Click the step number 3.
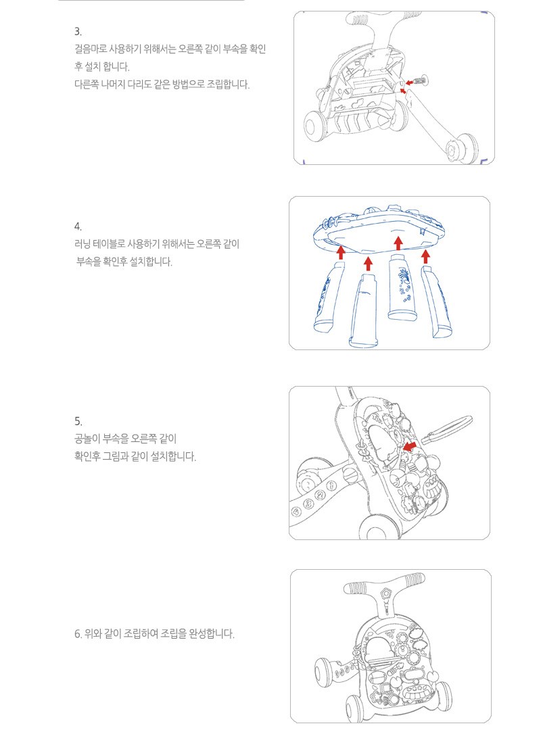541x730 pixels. [77, 32]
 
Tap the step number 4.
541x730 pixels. [77, 226]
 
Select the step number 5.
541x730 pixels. [77, 421]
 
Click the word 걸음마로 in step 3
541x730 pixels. [91, 49]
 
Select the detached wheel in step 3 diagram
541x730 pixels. [461, 148]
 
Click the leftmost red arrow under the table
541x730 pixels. [341, 252]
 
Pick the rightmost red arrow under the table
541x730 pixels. [425, 257]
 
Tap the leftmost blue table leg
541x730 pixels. [329, 296]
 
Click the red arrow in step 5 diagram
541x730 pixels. [410, 447]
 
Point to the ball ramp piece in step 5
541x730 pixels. [446, 429]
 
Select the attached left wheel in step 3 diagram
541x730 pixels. [316, 125]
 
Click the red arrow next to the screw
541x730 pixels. [409, 82]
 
